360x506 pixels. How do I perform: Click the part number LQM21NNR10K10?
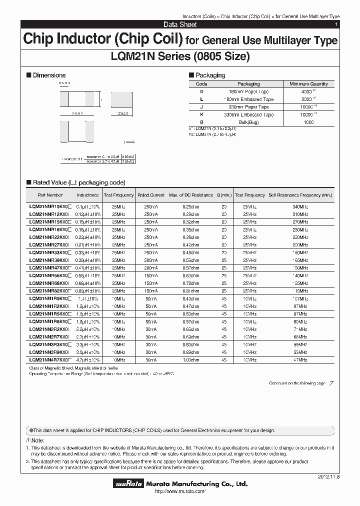[x=50, y=206]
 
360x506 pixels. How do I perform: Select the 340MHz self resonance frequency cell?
[x=300, y=206]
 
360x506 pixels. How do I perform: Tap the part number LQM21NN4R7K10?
[x=50, y=359]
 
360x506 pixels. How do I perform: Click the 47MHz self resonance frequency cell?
[x=300, y=359]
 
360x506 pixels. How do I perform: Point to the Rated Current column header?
[x=150, y=195]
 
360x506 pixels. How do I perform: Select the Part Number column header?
[x=50, y=195]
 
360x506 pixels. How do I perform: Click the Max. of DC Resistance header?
[x=190, y=195]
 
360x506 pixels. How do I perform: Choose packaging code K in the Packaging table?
[x=201, y=114]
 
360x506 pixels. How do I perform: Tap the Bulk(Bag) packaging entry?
[x=248, y=122]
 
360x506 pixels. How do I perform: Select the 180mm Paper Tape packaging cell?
[x=248, y=92]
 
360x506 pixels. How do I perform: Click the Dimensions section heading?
[x=49, y=75]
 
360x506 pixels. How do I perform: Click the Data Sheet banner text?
[x=180, y=24]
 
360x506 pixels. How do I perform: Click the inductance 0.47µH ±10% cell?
[x=88, y=267]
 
